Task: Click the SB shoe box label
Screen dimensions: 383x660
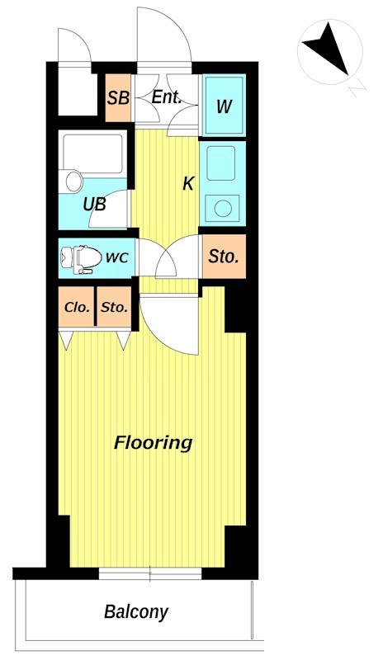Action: (117, 98)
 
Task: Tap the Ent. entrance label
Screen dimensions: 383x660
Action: (167, 97)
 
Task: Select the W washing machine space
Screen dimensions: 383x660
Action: (224, 106)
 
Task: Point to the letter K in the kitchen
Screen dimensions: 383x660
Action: (188, 183)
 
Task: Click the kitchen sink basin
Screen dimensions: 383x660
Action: (220, 163)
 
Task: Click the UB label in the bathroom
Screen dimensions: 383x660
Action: (94, 205)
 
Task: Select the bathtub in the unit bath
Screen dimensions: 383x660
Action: (92, 153)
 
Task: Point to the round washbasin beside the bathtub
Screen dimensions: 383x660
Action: (73, 181)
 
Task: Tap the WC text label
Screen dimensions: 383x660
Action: (116, 257)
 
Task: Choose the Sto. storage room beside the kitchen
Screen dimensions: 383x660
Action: (224, 257)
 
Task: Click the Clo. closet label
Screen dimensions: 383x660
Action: (77, 307)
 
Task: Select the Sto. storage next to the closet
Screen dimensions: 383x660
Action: (114, 307)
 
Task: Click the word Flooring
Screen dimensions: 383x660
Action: (154, 443)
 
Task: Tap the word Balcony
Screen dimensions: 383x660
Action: (136, 612)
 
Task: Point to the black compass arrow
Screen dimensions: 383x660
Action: (329, 48)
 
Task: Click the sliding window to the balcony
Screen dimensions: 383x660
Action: (150, 573)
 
